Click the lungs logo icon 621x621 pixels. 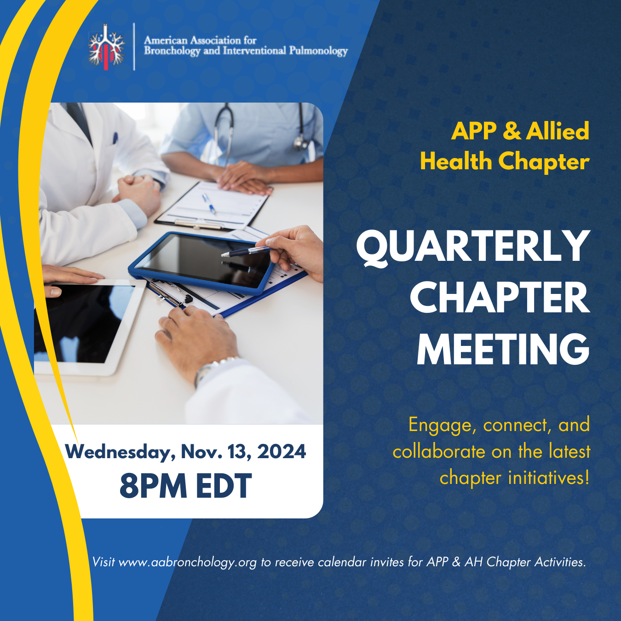point(106,47)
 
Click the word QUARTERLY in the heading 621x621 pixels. point(473,247)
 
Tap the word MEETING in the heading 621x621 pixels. point(503,349)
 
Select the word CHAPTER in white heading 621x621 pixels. point(500,298)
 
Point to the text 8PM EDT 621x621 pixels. point(185,486)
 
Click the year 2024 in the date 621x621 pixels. point(282,451)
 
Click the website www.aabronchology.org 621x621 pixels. point(188,562)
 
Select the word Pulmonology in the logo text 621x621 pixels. point(318,51)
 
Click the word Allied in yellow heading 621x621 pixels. point(558,131)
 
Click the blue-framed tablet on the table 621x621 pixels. point(201,263)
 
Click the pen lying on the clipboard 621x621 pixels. point(209,203)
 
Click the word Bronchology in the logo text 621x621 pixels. point(172,51)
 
